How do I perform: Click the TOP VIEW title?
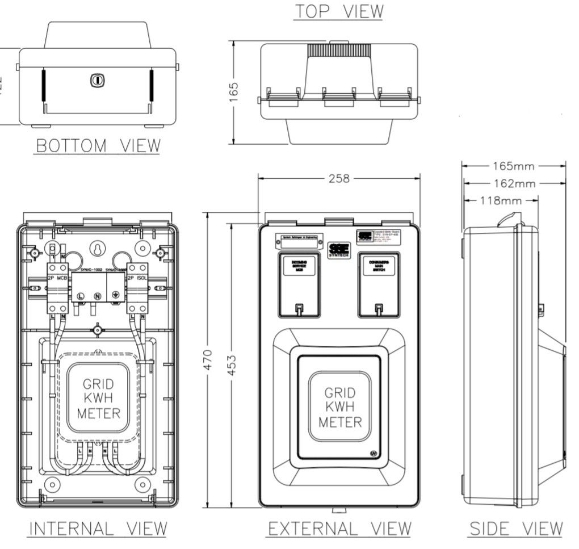pyautogui.click(x=338, y=11)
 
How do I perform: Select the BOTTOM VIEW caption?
pyautogui.click(x=98, y=146)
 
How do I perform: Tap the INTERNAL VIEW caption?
pyautogui.click(x=98, y=529)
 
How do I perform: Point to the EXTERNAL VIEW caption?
pyautogui.click(x=339, y=529)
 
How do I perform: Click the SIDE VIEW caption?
pyautogui.click(x=515, y=529)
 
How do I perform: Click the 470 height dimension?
pyautogui.click(x=208, y=359)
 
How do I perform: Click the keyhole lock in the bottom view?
pyautogui.click(x=97, y=80)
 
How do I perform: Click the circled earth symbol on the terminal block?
pyautogui.click(x=116, y=296)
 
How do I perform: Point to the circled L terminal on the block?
pyautogui.click(x=81, y=296)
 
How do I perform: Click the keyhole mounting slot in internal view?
pyautogui.click(x=98, y=249)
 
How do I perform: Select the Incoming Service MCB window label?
pyautogui.click(x=299, y=265)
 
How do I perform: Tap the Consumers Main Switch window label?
pyautogui.click(x=378, y=265)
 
